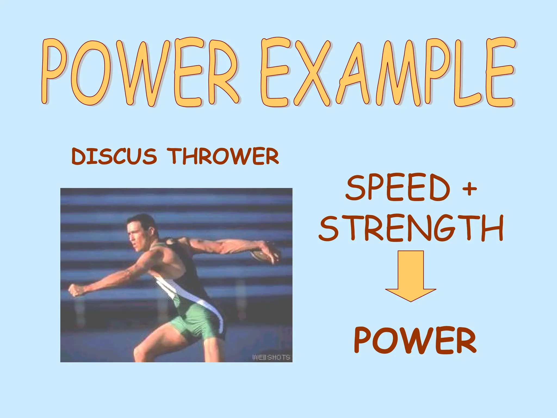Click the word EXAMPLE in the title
click(x=386, y=72)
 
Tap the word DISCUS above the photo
click(x=114, y=156)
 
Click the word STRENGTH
click(x=411, y=228)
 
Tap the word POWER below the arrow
click(x=415, y=340)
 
